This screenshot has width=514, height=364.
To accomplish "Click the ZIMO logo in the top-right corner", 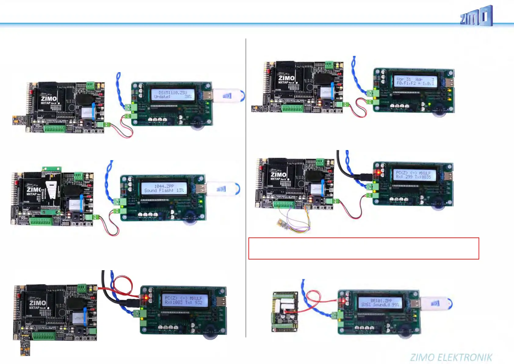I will click(476, 16).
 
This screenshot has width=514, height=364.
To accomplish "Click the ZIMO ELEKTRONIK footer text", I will click(451, 357).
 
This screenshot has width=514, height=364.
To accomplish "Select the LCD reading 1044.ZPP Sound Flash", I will click(164, 188).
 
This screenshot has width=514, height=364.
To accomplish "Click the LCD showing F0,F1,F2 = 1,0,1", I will click(415, 81).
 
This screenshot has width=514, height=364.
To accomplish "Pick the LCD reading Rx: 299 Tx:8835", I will click(414, 175).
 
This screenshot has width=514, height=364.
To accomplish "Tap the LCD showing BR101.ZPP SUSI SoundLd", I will click(380, 303).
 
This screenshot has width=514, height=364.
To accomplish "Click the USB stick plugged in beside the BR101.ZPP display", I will click(435, 303).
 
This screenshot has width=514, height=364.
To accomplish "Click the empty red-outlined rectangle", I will click(364, 248).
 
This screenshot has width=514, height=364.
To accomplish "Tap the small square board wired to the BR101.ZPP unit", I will click(285, 312).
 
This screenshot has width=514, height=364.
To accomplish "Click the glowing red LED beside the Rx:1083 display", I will click(146, 297).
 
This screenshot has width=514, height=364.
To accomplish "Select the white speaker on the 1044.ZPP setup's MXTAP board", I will click(51, 189).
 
